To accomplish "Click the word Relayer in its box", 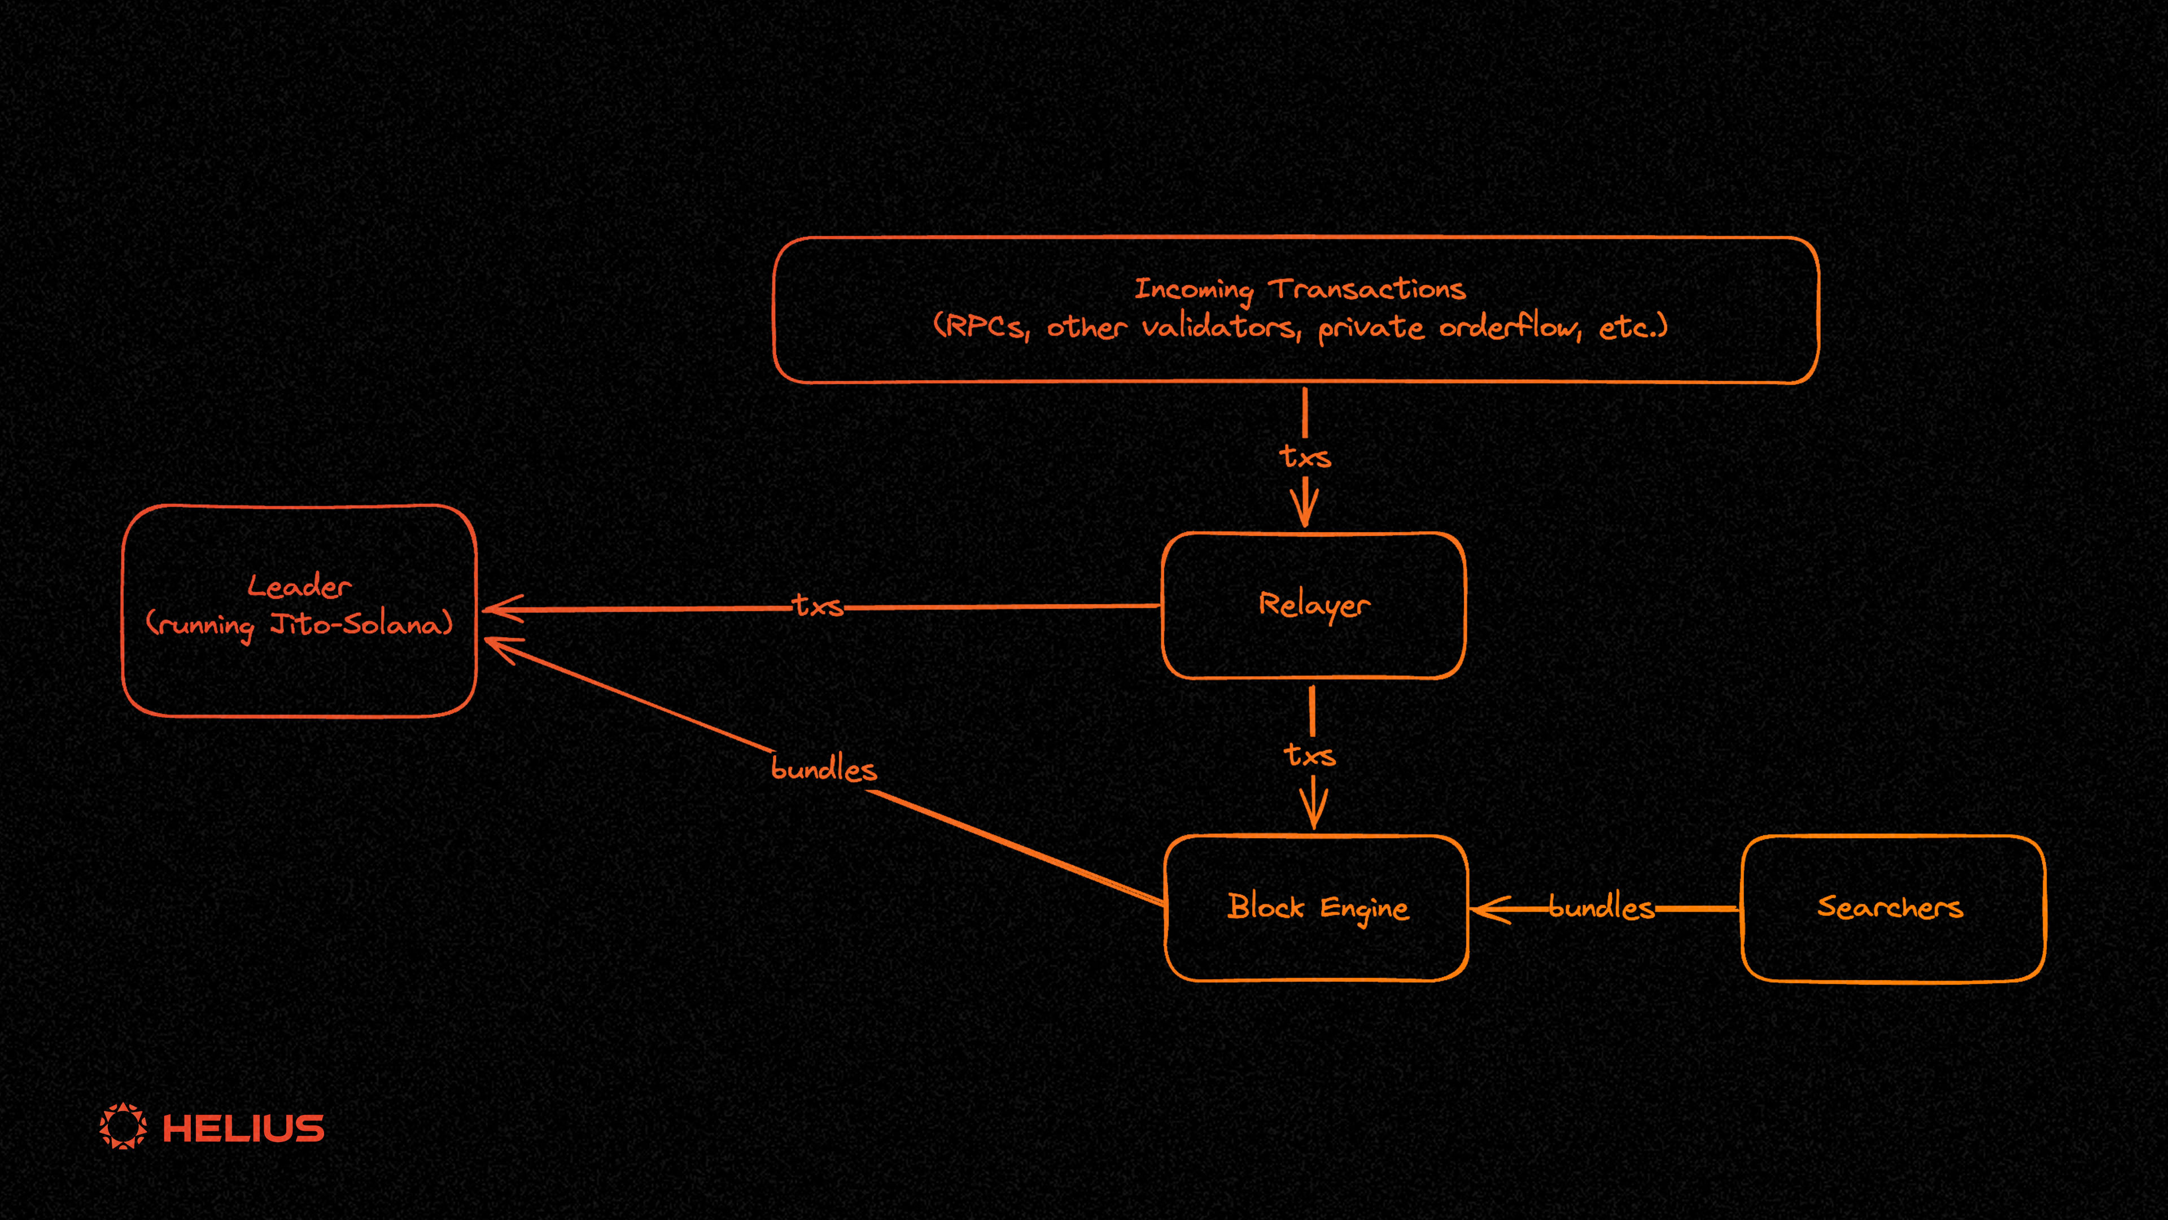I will point(1314,604).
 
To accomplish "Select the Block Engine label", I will point(1317,907).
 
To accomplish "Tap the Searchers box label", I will point(1890,907).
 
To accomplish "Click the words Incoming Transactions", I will point(1300,289).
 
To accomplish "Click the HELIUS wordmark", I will point(243,1128).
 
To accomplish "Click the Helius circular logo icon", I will point(123,1126).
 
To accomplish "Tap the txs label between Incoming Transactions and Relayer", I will point(1305,456).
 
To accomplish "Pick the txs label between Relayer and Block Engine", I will point(1310,755).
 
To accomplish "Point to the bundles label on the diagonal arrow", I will point(824,769).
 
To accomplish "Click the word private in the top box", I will point(1371,328).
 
